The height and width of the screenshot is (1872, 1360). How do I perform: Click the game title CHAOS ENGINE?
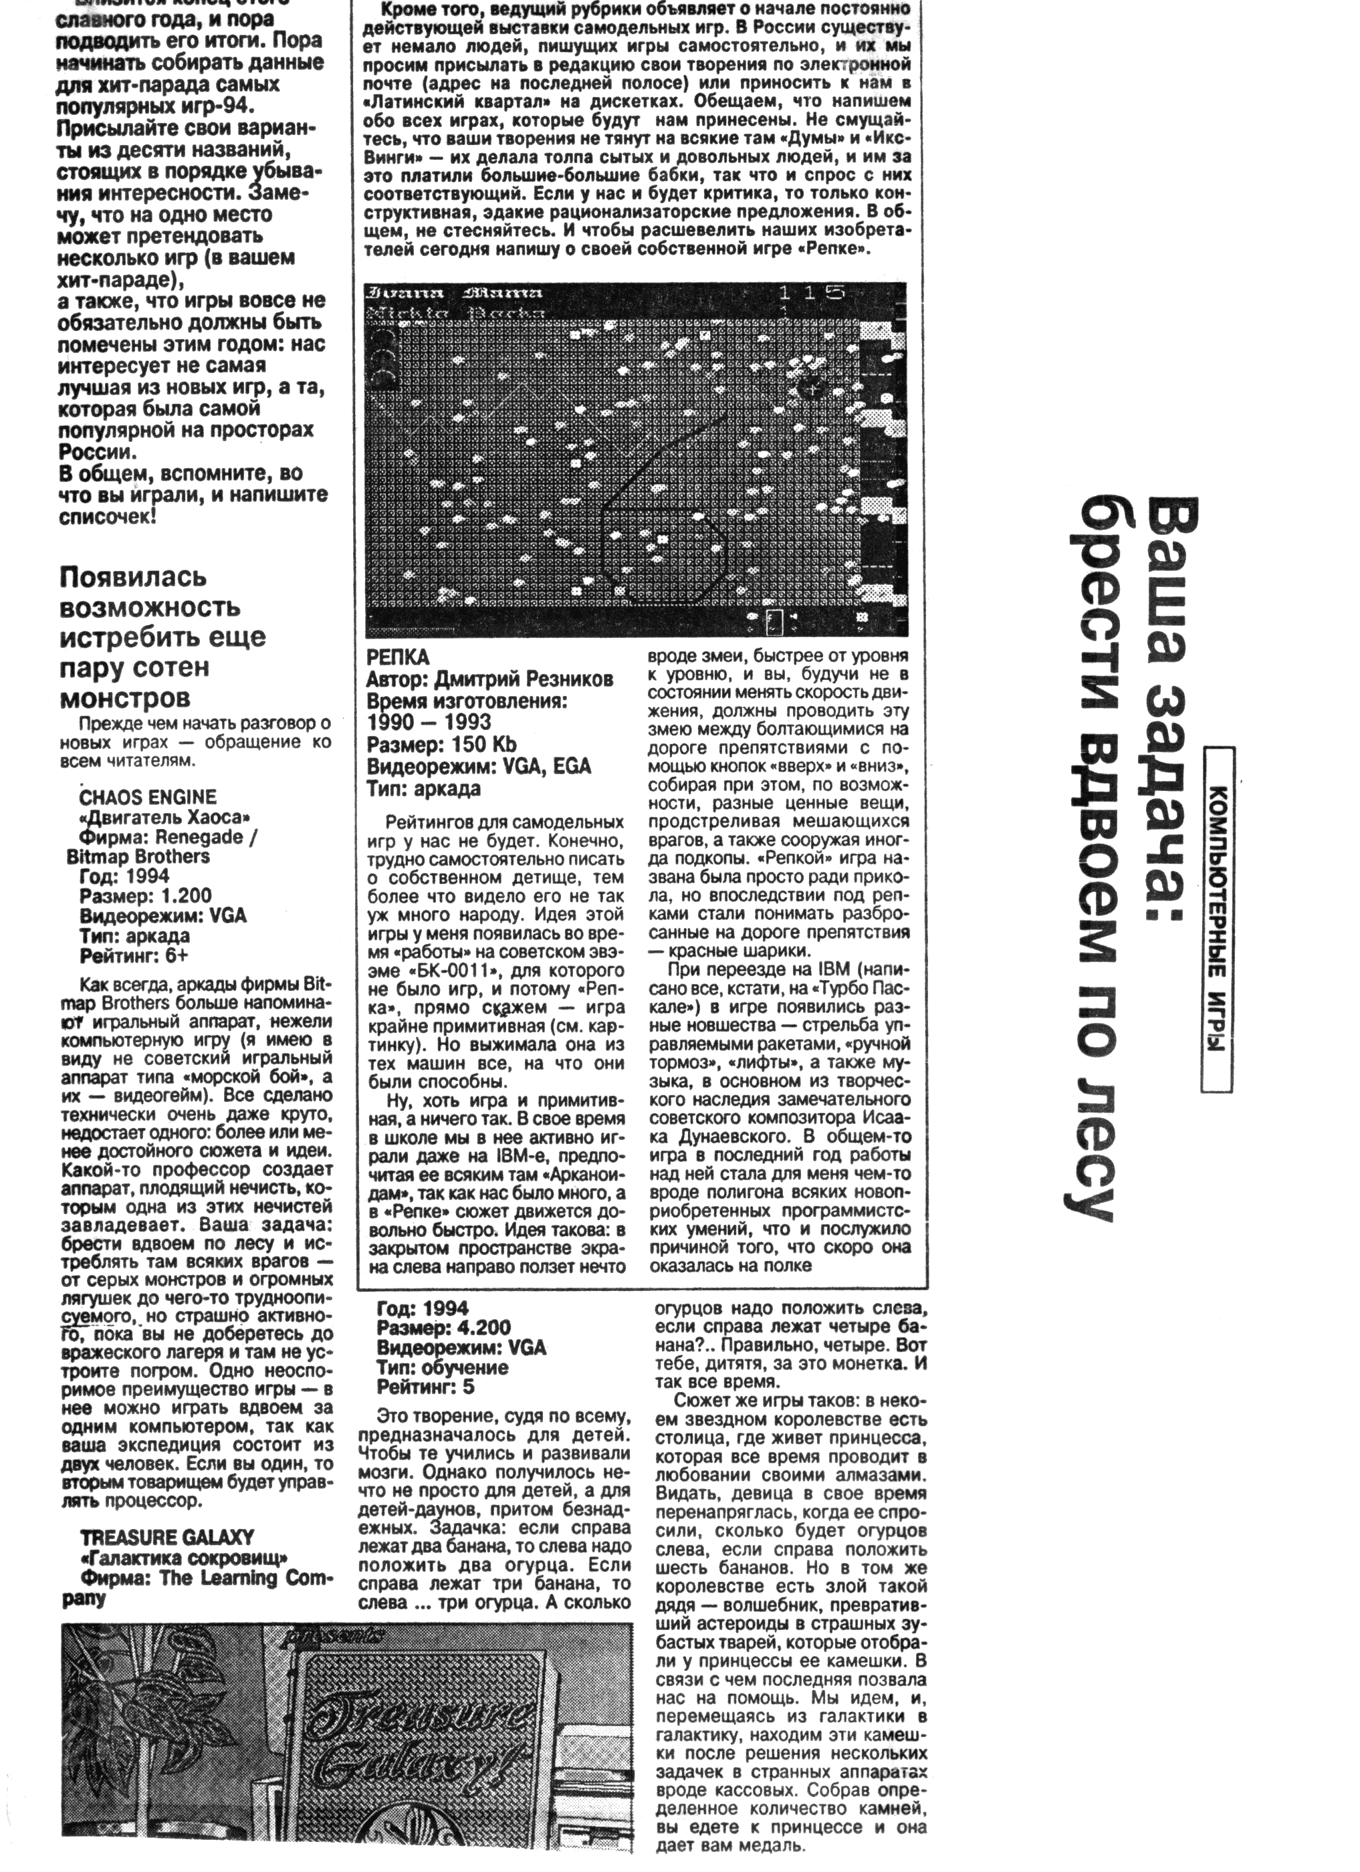point(148,798)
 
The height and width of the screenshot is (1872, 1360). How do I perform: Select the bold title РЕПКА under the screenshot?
point(399,657)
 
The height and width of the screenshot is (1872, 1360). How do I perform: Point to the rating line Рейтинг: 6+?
point(134,957)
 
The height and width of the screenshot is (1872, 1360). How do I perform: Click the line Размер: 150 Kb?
point(441,745)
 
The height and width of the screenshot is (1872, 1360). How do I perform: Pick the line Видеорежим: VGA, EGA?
point(479,766)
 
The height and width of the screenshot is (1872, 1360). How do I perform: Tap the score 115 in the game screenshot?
point(813,292)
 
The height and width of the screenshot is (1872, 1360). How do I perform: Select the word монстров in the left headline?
point(124,698)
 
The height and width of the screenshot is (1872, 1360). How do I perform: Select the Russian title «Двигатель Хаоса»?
point(165,817)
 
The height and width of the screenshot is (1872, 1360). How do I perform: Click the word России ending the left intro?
point(96,453)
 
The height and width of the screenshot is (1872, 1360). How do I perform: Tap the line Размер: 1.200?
point(145,897)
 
